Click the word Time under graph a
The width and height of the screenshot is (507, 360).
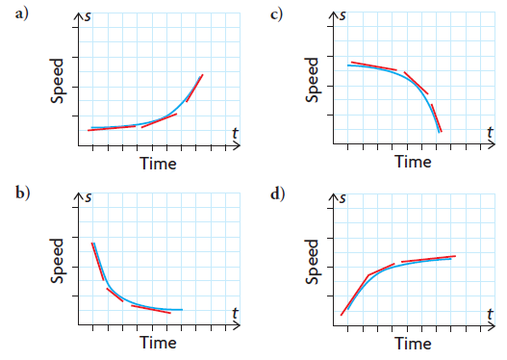point(158,163)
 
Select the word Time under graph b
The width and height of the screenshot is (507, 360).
point(158,342)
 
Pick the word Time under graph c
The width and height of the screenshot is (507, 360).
point(413,163)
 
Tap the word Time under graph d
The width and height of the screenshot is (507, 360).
point(413,342)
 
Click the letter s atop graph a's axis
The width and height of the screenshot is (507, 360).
point(89,16)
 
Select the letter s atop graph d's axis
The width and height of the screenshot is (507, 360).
point(343,196)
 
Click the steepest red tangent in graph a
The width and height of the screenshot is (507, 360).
point(194,88)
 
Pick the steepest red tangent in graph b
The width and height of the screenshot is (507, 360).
point(97,260)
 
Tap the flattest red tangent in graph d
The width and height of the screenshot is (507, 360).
point(428,259)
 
